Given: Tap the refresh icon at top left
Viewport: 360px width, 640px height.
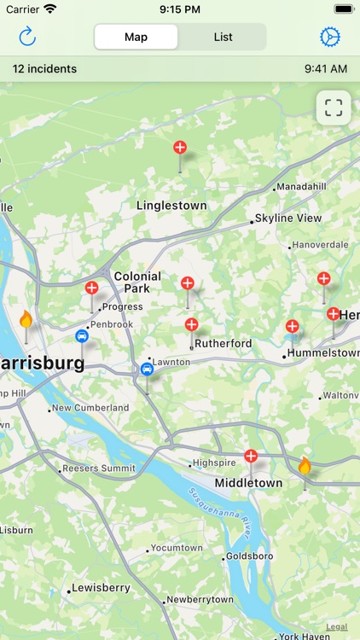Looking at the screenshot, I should [x=27, y=37].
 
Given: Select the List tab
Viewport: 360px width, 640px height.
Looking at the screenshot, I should [x=223, y=37].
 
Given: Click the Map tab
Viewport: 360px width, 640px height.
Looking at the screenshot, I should [x=136, y=37].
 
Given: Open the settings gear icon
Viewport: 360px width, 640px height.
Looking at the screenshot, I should [x=329, y=37].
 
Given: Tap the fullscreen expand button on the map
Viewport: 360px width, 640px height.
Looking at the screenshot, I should [x=334, y=108].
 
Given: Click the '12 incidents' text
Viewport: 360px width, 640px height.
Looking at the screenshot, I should [x=44, y=69].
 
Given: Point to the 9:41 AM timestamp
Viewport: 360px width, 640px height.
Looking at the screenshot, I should [x=325, y=69].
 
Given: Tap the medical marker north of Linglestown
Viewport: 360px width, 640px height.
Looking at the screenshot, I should [x=180, y=148].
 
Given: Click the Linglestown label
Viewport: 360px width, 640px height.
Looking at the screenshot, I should [x=171, y=206].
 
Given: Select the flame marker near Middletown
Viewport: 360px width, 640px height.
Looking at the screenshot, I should [x=305, y=466].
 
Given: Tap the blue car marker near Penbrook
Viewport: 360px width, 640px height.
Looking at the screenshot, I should [x=82, y=336].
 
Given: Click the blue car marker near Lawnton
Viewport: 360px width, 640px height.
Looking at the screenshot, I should [x=147, y=369].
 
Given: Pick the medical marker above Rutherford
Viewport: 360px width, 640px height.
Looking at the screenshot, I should [x=191, y=324].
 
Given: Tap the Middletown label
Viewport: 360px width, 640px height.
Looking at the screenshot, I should [x=248, y=483].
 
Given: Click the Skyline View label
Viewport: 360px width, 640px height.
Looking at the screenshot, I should [x=288, y=218].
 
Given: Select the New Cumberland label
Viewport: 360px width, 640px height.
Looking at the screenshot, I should [x=90, y=408].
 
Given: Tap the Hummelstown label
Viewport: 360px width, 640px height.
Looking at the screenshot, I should [x=323, y=352].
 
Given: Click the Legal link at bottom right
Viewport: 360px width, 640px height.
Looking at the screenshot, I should [x=337, y=626].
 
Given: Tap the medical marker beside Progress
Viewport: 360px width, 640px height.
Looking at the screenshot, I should [x=91, y=288].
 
